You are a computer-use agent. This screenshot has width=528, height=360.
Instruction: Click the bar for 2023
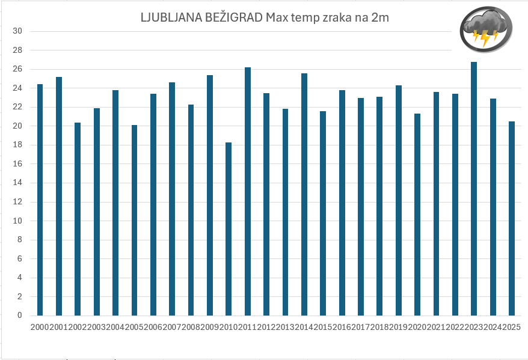[x=474, y=189]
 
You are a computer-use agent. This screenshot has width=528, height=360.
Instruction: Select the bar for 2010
[x=229, y=229]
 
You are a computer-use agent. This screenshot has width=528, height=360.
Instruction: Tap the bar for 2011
[x=247, y=191]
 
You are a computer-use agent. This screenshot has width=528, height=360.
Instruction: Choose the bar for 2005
[x=134, y=220]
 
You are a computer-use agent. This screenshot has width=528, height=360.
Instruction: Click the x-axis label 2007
[x=172, y=327]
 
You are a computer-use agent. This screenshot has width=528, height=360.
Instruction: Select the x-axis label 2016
[x=342, y=327]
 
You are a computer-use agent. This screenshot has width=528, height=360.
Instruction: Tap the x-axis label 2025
[x=512, y=327]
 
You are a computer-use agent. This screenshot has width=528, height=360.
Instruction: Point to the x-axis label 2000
[x=40, y=327]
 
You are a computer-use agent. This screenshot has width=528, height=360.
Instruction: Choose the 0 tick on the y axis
[x=20, y=316]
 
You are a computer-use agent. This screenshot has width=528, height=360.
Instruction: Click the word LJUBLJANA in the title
[x=167, y=17]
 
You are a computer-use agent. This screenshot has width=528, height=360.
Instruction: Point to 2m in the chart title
[x=380, y=17]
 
